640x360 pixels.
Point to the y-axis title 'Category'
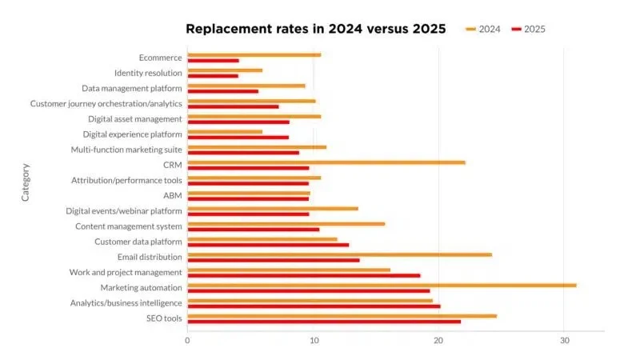(25, 182)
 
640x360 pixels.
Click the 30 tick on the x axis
(563, 340)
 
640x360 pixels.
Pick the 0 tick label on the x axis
(187, 340)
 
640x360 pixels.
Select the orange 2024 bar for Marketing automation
(382, 285)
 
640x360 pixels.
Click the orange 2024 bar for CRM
(326, 162)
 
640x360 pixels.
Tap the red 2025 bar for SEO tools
(324, 322)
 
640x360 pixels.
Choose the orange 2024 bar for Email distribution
(339, 254)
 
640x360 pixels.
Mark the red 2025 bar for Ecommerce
(213, 61)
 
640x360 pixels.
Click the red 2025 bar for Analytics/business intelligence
(314, 306)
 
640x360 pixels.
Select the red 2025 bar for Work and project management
(303, 275)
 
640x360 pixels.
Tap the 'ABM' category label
(172, 195)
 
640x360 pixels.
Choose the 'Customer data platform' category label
(138, 242)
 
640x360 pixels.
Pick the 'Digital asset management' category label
(135, 119)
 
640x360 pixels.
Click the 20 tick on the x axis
(438, 340)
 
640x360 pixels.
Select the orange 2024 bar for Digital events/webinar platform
(273, 208)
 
